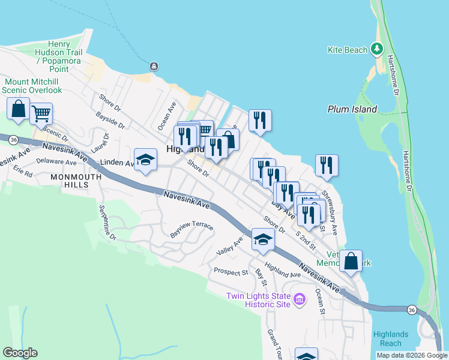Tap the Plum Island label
click(352, 109)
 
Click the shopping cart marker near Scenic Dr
click(41, 112)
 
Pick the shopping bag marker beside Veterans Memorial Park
click(351, 260)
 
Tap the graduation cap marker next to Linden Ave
click(145, 160)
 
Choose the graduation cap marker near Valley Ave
click(262, 239)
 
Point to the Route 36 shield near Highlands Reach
click(411, 310)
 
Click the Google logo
click(20, 353)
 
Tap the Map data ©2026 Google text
click(411, 355)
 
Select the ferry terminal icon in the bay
click(154, 66)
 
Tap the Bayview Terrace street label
click(191, 229)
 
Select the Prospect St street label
click(231, 272)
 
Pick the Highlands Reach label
click(391, 338)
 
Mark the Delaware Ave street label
click(56, 162)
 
